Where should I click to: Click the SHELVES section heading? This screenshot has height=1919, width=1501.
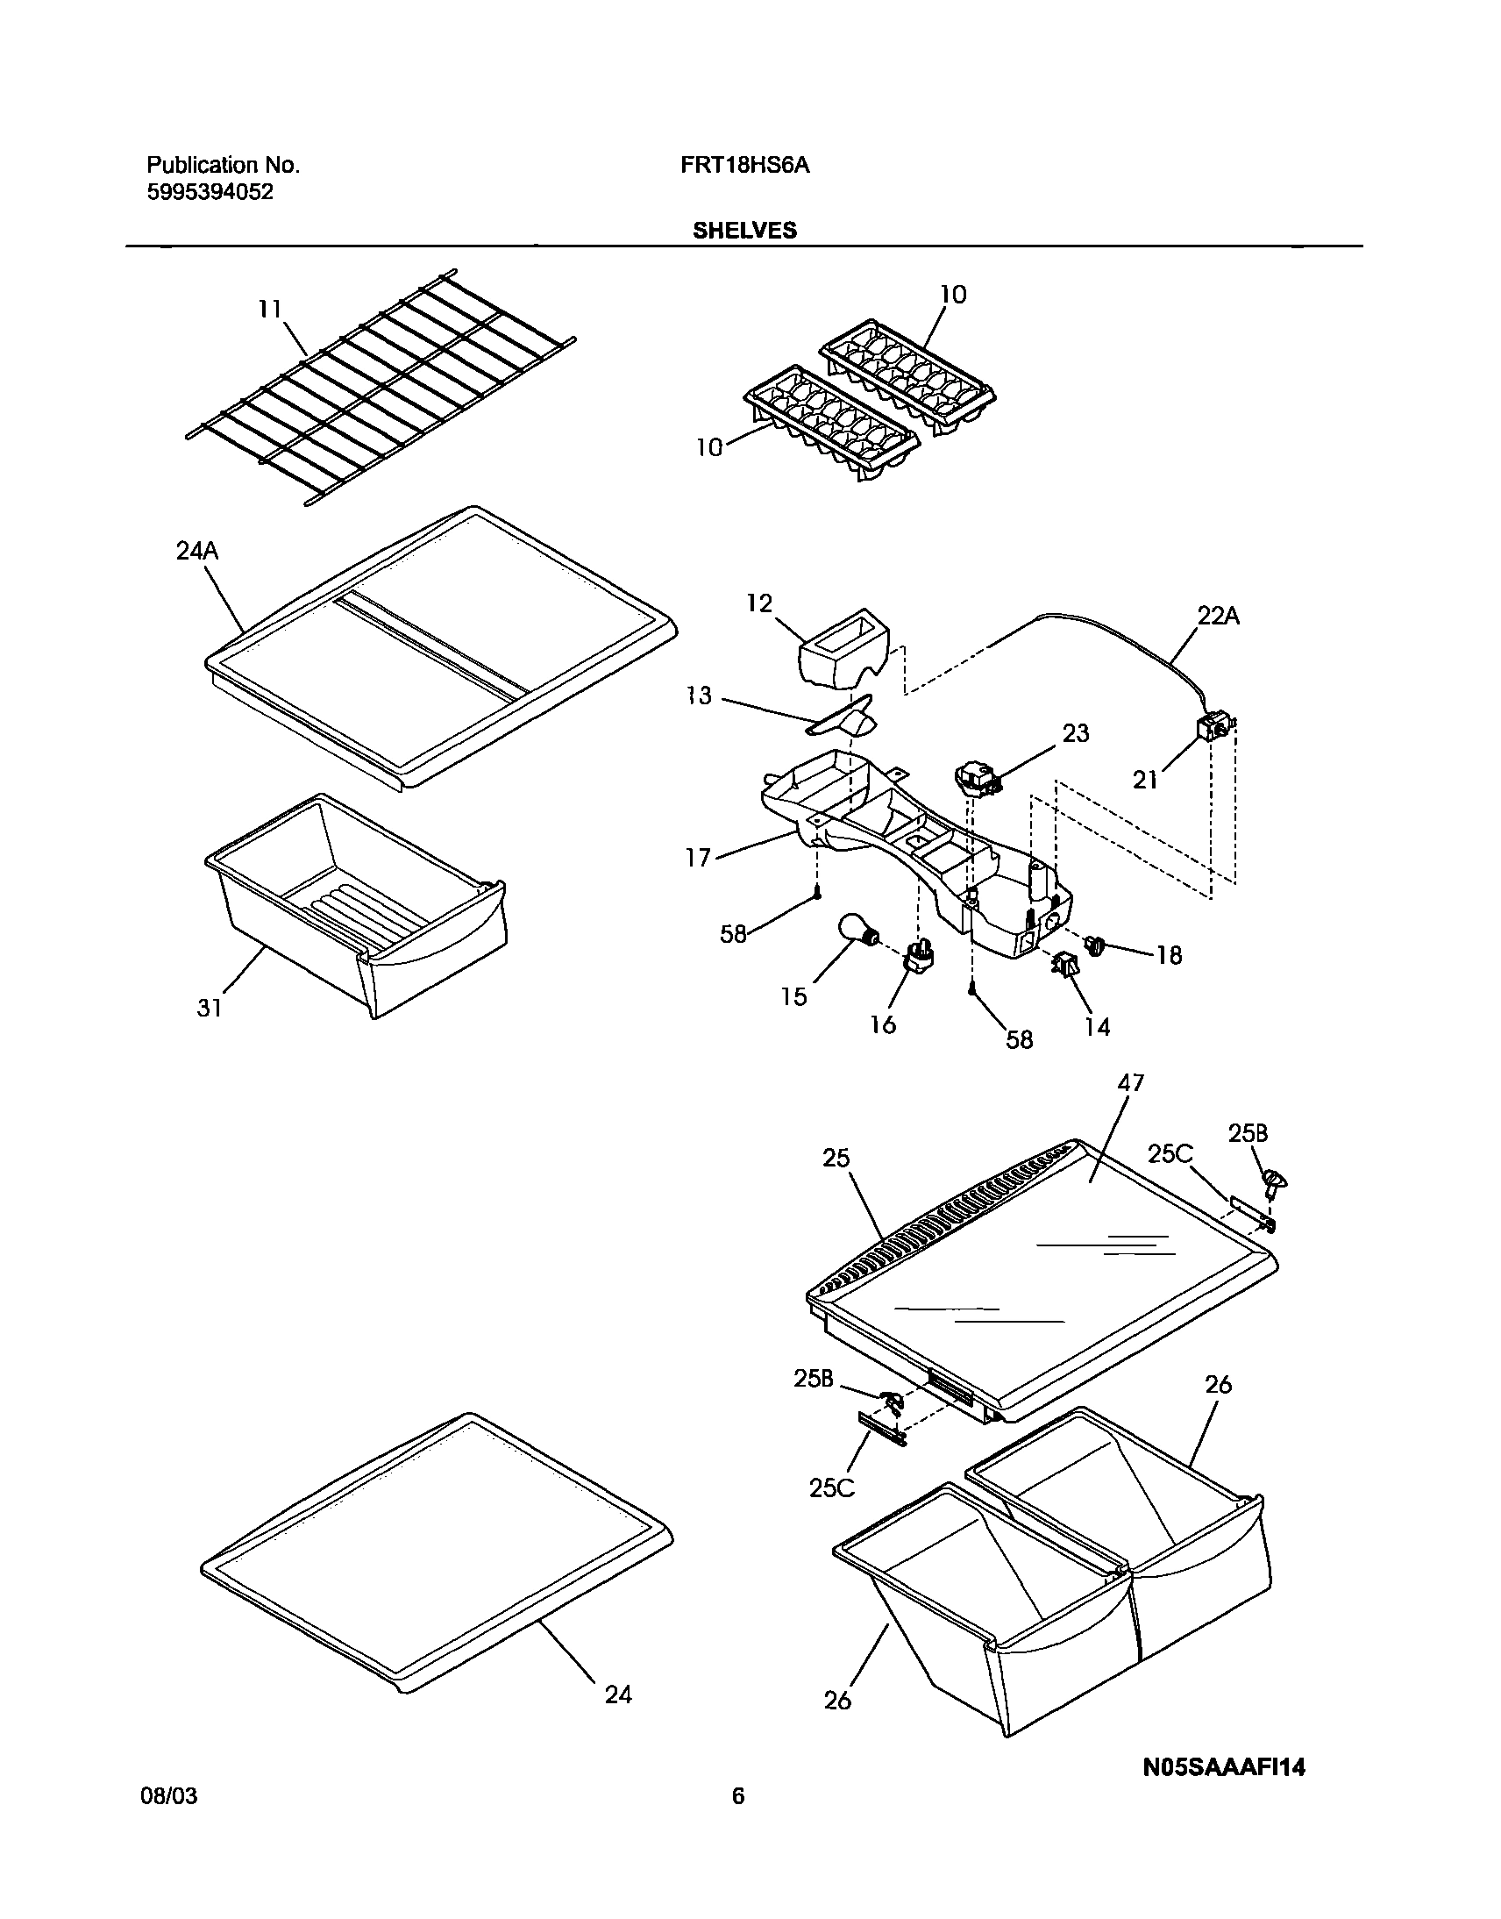click(744, 231)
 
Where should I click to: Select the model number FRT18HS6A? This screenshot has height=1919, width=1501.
click(744, 165)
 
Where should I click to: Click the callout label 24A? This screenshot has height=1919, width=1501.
click(197, 551)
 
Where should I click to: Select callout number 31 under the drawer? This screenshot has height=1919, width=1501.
click(209, 1008)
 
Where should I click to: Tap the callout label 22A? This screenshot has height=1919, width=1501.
click(1218, 617)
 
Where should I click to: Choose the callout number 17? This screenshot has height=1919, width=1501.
click(698, 858)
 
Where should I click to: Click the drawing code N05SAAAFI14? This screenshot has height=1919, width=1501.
click(1223, 1768)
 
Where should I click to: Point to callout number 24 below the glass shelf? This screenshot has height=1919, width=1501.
click(618, 1694)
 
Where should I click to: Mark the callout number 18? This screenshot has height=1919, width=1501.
click(1169, 954)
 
